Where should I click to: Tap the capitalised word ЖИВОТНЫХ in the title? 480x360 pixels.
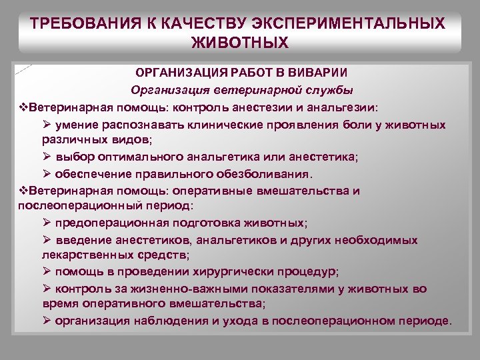tap(240, 43)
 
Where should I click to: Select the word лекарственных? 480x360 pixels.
tap(81, 255)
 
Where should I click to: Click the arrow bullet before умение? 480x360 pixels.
tap(46, 125)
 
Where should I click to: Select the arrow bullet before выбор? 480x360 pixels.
tap(46, 158)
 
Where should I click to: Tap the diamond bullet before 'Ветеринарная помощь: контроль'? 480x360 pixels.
tap(23, 107)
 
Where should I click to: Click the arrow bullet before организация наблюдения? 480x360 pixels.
tap(46, 321)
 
